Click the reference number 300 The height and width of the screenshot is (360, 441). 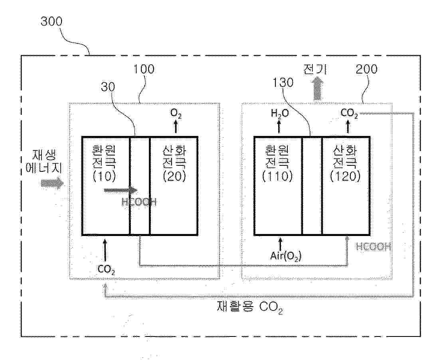51,21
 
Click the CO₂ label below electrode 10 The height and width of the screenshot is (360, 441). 107,269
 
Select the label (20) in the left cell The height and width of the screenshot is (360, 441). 174,176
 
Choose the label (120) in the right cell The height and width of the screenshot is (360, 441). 346,176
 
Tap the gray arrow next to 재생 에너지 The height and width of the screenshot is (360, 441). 52,183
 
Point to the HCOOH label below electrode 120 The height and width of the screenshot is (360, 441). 374,247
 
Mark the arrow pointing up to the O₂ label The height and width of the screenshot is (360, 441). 175,127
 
